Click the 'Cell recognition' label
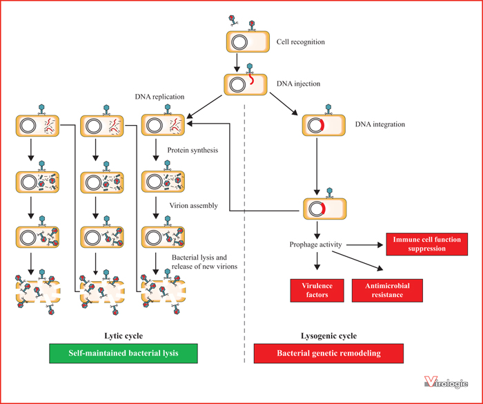tap(300, 42)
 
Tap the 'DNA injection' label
tap(298, 84)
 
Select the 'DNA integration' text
tap(379, 124)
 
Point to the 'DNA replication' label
tap(159, 97)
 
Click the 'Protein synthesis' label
tap(193, 150)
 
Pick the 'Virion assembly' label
tap(193, 206)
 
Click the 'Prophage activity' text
tap(315, 244)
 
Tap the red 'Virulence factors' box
tap(317, 291)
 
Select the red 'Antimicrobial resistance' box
tap(387, 291)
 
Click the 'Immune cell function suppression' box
tap(427, 244)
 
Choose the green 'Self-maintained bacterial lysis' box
tap(124, 353)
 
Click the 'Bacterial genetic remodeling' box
tap(328, 353)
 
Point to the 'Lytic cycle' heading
tap(124, 336)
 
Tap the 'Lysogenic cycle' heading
tap(328, 336)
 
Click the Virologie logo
tap(446, 382)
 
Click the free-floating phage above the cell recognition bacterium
tap(233, 20)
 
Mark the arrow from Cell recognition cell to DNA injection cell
tap(237, 63)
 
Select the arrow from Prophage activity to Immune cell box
tap(365, 245)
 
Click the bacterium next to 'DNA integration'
tap(324, 125)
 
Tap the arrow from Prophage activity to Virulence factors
tap(317, 261)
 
